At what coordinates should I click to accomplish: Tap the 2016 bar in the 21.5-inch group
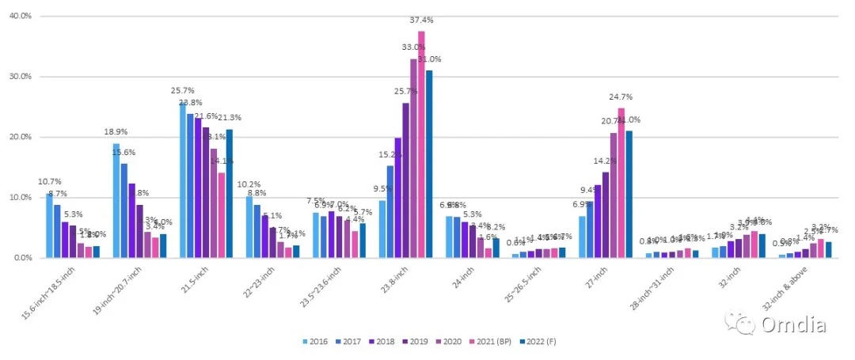[x=184, y=180]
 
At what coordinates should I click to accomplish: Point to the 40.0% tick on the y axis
[x=20, y=16]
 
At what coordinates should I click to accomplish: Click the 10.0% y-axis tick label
[x=20, y=197]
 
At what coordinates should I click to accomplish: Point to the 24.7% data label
[x=621, y=97]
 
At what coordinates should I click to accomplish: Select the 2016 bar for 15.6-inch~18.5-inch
[x=50, y=225]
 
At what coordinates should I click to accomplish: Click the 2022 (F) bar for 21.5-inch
[x=230, y=193]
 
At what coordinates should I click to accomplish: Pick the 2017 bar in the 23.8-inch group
[x=390, y=211]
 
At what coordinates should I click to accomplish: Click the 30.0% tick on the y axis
[x=20, y=77]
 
